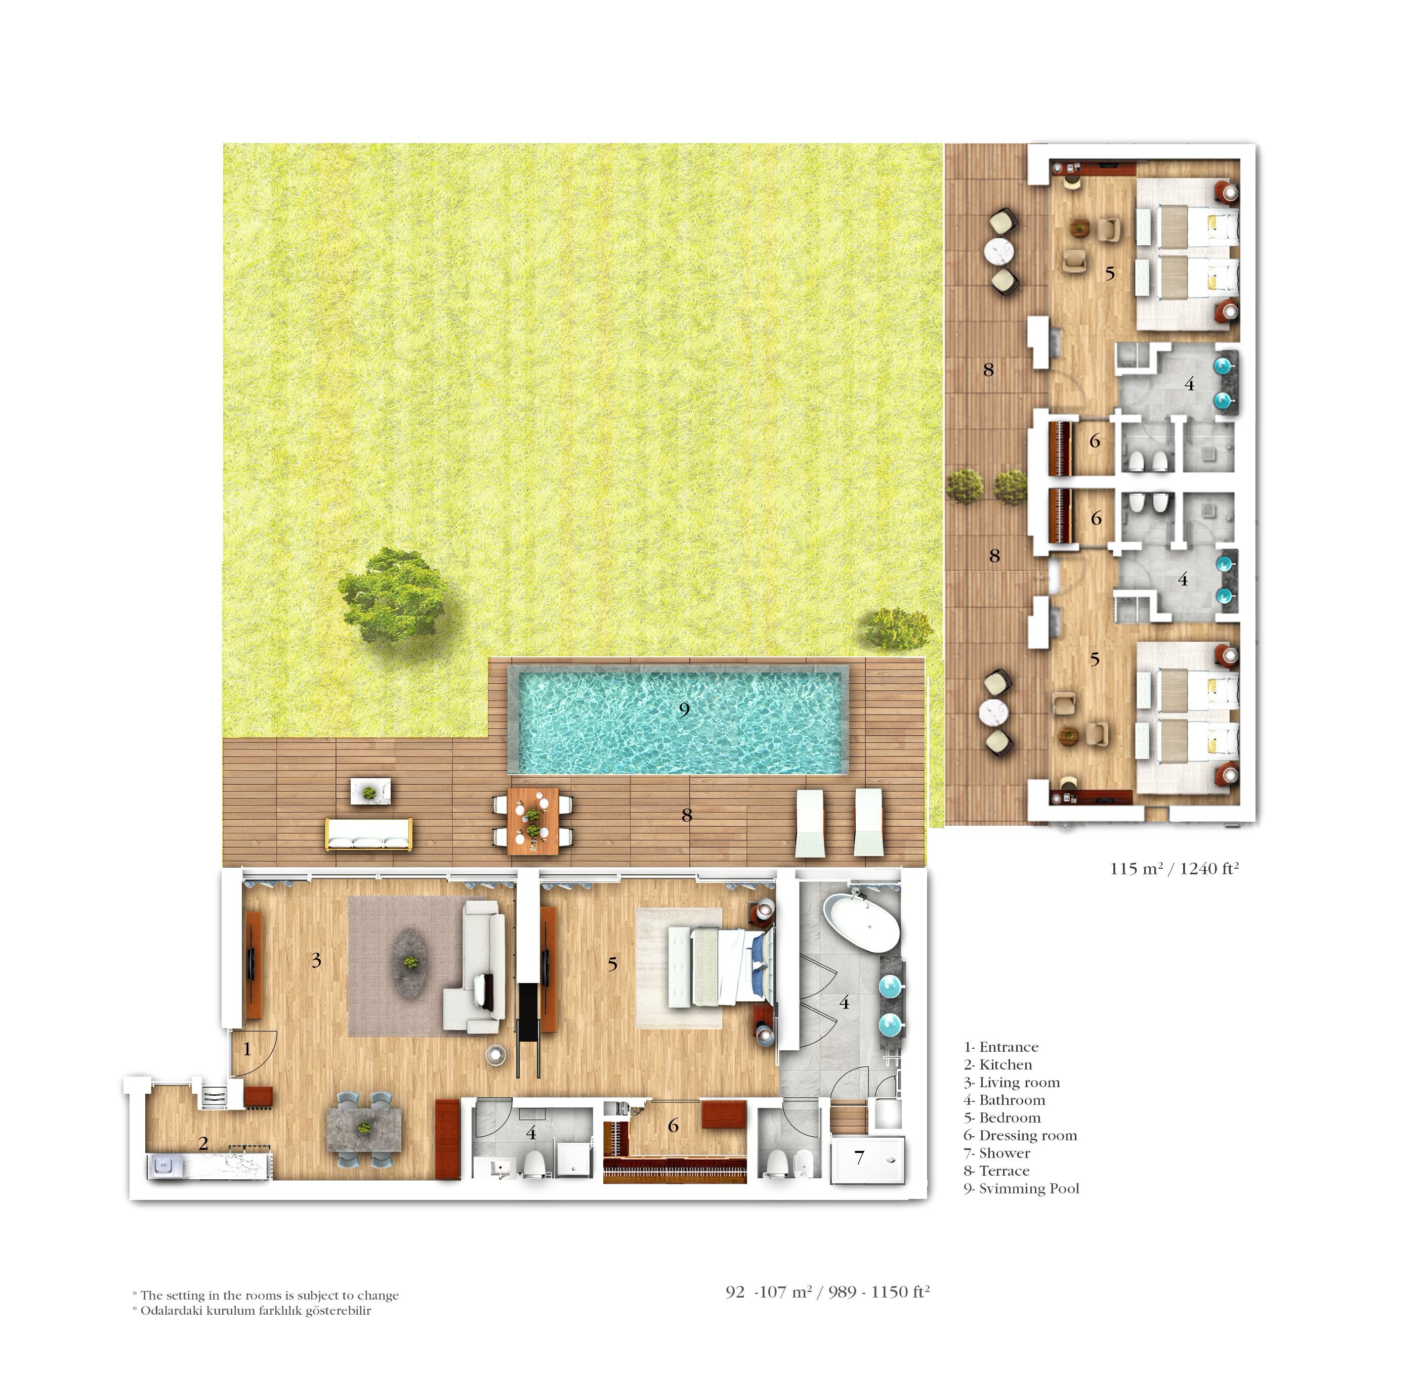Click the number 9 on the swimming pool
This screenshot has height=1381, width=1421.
684,709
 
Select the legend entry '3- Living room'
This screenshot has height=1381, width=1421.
1012,1082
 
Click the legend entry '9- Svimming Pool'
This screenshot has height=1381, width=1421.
1021,1188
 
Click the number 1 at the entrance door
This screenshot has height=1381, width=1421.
247,1049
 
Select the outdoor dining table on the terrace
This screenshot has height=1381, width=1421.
533,820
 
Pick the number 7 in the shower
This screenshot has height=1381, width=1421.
859,1157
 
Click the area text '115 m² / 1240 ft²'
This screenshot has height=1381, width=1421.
1174,868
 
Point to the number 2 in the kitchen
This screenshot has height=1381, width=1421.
203,1143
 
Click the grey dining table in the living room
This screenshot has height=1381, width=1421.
364,1129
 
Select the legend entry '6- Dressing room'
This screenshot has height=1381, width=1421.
1020,1135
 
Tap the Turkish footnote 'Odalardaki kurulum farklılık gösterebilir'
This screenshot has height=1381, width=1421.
256,1311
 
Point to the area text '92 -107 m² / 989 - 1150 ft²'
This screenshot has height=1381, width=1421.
827,1292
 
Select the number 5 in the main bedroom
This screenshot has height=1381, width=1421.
612,964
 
